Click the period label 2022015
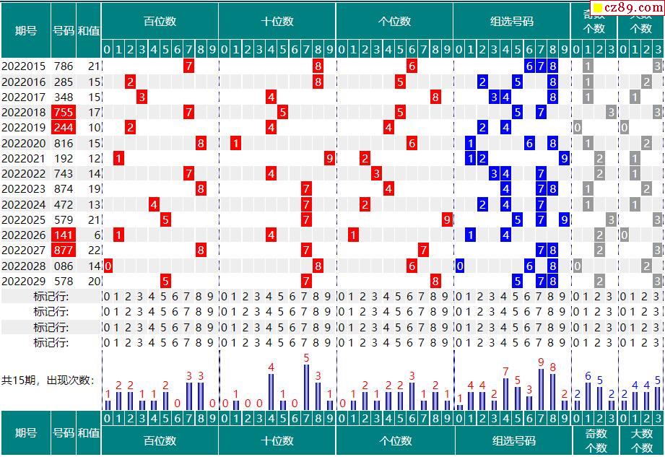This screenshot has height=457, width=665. pyautogui.click(x=23, y=66)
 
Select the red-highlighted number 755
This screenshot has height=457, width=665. pyautogui.click(x=63, y=113)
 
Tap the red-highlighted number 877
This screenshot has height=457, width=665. pyautogui.click(x=63, y=251)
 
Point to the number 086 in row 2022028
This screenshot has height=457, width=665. pyautogui.click(x=63, y=266)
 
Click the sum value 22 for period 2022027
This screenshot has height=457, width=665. pyautogui.click(x=94, y=251)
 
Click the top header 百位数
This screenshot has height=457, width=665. pyautogui.click(x=160, y=22)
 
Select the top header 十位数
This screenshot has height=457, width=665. pyautogui.click(x=277, y=22)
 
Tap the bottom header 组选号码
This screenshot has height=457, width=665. pyautogui.click(x=514, y=440)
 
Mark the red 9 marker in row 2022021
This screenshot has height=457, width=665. pyautogui.click(x=329, y=158)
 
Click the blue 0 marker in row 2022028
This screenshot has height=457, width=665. pyautogui.click(x=459, y=266)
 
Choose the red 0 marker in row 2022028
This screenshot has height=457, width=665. pyautogui.click(x=108, y=266)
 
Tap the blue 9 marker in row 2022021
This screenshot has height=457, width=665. pyautogui.click(x=564, y=158)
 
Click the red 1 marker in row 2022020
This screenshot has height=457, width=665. pyautogui.click(x=235, y=143)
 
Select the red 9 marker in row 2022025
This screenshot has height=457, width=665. pyautogui.click(x=447, y=219)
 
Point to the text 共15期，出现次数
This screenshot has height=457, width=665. pyautogui.click(x=48, y=380)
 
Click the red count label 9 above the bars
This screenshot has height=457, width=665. pyautogui.click(x=541, y=362)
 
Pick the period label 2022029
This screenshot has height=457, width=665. pyautogui.click(x=23, y=281)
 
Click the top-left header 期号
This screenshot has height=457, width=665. pyautogui.click(x=26, y=30)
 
